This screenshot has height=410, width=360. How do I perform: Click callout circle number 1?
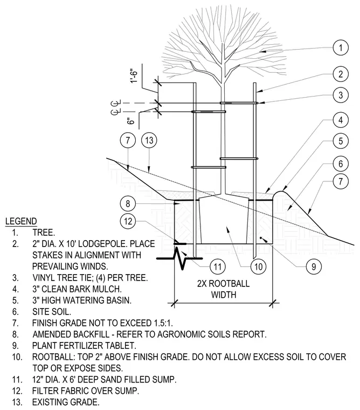(x=341, y=48)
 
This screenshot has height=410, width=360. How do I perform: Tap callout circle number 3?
(x=341, y=95)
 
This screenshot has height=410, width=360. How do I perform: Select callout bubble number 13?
(x=149, y=140)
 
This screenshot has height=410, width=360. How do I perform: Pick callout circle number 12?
(x=128, y=222)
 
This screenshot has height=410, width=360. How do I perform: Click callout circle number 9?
(x=314, y=266)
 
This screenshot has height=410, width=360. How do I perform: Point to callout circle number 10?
(x=258, y=266)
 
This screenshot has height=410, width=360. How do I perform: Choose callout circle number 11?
(x=218, y=266)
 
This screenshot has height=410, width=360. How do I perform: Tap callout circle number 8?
(x=128, y=203)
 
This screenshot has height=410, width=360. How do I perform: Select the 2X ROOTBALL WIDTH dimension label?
(x=224, y=289)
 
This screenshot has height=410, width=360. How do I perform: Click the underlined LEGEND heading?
(x=21, y=221)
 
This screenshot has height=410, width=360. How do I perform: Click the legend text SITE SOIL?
(x=51, y=311)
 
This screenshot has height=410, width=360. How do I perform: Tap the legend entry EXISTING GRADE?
(x=66, y=402)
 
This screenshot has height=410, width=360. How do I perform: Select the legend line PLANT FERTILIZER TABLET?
(x=84, y=345)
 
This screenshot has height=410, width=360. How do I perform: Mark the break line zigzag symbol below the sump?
(x=180, y=258)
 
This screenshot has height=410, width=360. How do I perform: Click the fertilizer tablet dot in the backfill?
(x=261, y=238)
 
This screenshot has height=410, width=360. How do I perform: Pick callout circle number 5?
(x=341, y=141)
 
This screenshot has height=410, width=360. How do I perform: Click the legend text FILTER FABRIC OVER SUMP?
(x=86, y=391)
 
